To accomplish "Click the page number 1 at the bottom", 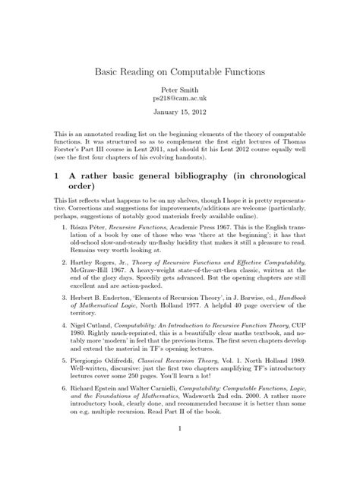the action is point(179,470).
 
